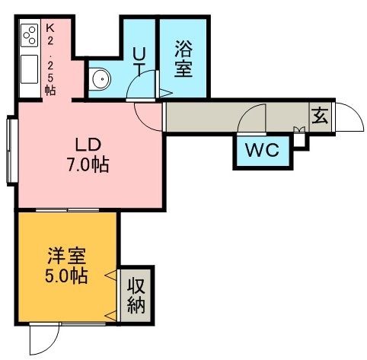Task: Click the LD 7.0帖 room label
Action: coord(88,155)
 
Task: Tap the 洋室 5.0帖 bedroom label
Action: coord(66,266)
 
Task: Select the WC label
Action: coord(263,150)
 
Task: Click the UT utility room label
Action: coord(139,62)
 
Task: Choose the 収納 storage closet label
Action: coord(136,295)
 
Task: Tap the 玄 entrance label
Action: coord(320,116)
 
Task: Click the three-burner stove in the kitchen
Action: coord(29,35)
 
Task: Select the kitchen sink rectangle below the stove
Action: coord(29,69)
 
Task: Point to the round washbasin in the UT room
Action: coord(101,78)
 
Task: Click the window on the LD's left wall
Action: coord(12,151)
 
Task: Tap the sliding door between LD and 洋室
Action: coord(67,210)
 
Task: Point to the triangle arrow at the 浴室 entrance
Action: coord(166,93)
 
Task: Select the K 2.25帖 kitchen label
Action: coord(50,60)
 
